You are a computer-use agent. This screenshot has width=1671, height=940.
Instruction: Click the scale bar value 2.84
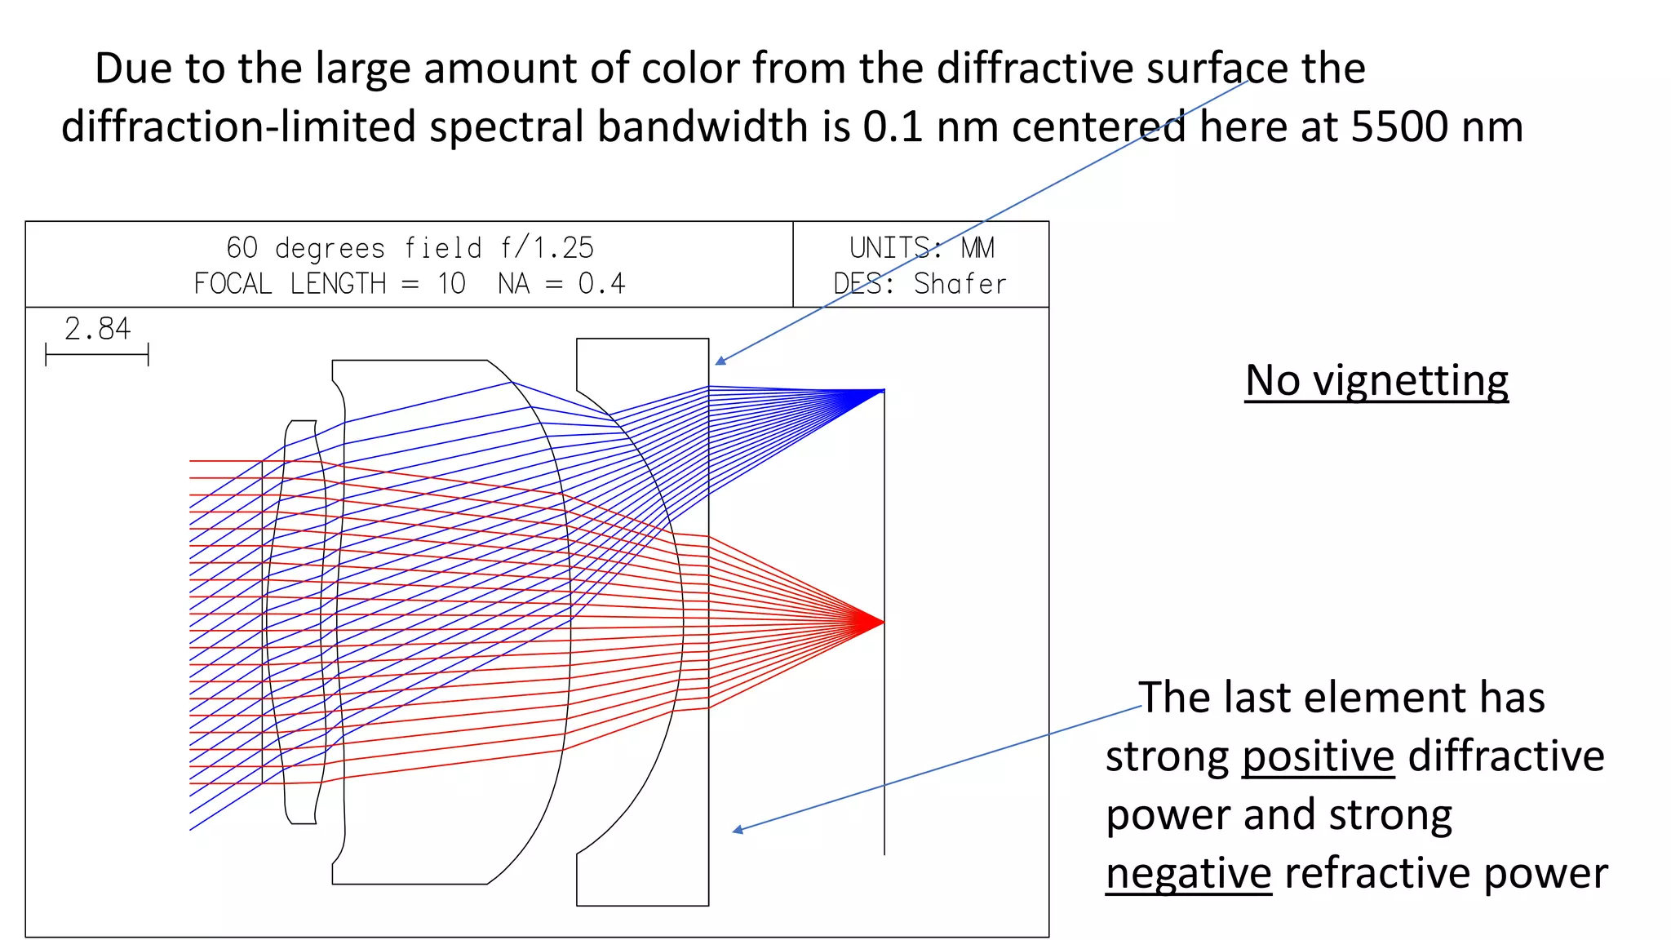(x=97, y=329)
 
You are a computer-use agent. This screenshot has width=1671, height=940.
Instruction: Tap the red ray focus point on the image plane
(x=882, y=623)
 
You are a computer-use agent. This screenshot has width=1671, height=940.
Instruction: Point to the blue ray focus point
(x=881, y=392)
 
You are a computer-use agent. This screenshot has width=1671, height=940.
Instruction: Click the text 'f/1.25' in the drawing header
(x=547, y=248)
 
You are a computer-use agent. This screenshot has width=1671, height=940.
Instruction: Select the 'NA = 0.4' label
(x=561, y=284)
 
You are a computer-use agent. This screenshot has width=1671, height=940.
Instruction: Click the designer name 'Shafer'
(x=960, y=284)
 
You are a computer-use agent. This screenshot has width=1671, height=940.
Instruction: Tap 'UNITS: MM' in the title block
(x=921, y=248)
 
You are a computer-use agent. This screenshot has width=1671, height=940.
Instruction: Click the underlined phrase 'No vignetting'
(x=1376, y=381)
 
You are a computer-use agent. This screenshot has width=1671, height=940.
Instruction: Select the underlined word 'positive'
(x=1318, y=756)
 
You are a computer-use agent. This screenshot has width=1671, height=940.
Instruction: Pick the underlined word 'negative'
(x=1188, y=874)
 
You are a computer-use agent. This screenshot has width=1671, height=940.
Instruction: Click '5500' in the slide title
(x=1398, y=127)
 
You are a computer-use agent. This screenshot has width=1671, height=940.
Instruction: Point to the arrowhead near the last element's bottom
(x=736, y=831)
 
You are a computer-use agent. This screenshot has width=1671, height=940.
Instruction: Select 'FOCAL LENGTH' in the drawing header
(x=290, y=284)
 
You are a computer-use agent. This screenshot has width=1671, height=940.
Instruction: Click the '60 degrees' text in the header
(x=305, y=248)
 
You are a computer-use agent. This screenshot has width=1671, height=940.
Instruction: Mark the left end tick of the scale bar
(x=47, y=355)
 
